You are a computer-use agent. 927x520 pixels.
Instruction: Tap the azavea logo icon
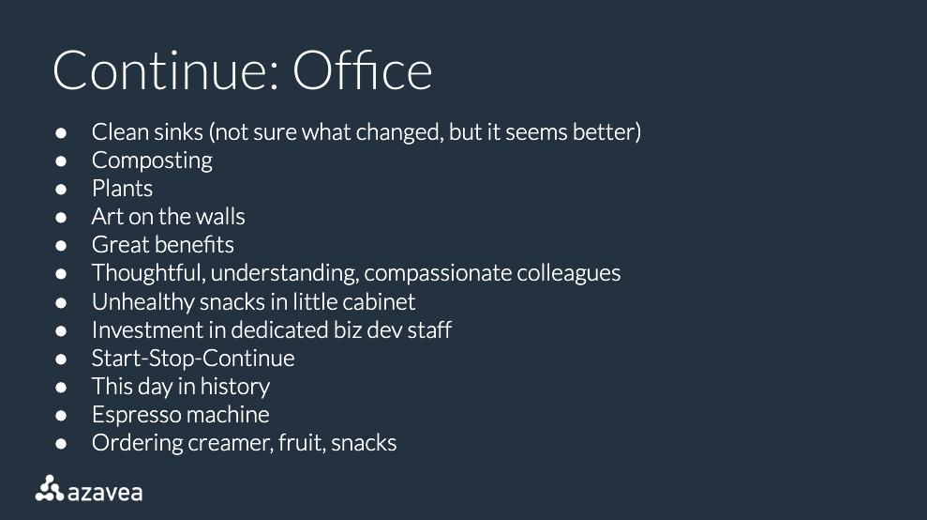coord(49,488)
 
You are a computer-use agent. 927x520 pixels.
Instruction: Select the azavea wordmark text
coord(105,493)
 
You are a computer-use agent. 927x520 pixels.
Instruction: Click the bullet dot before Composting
coord(61,161)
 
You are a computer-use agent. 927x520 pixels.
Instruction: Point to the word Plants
coord(122,189)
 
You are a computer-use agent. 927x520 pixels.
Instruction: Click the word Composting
coord(152,161)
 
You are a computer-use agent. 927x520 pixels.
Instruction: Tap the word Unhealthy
coord(142,301)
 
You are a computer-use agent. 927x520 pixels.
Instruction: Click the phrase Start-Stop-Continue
coord(193,359)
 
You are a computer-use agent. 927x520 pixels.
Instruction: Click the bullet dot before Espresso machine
coord(61,415)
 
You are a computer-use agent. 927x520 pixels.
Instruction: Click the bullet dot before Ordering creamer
coord(61,444)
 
